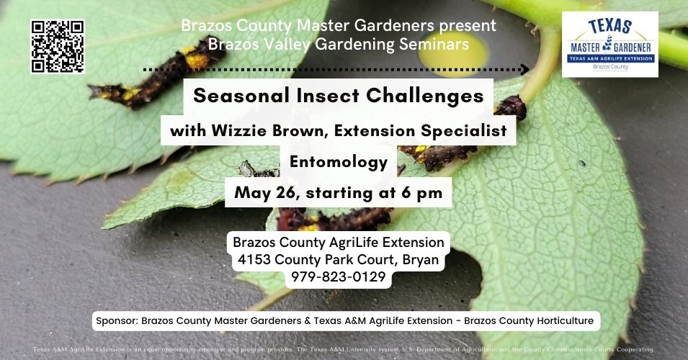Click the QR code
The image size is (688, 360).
coord(57,47)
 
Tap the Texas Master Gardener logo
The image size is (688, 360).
coord(609,45)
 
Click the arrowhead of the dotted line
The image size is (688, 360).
coord(525,70)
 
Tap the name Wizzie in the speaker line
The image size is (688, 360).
coord(236,132)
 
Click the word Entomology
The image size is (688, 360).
coord(339,162)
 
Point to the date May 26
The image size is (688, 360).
coord(264,193)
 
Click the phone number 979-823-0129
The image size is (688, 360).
coord(339,276)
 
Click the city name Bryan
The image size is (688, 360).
coord(419,259)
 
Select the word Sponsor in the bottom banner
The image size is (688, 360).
coord(117,320)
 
